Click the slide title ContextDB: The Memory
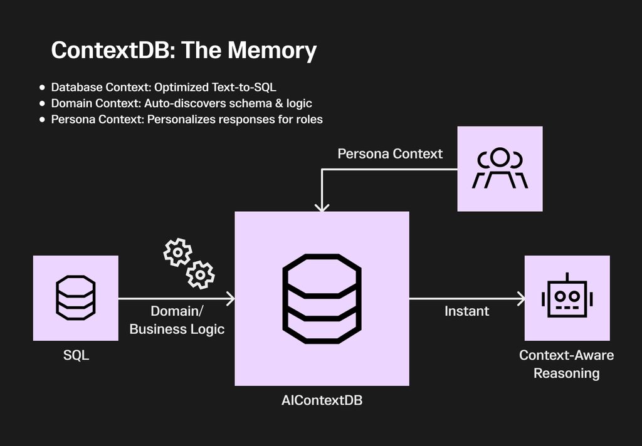point(184,50)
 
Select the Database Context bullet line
point(163,87)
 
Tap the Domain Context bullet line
point(181,103)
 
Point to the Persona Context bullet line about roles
point(186,119)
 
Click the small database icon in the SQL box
point(76,296)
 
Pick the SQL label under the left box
point(76,355)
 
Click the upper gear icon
point(177,252)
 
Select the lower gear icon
point(200,274)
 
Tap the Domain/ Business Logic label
point(177,320)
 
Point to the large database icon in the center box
point(322,298)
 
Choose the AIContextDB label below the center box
point(322,400)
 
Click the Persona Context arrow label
point(390,153)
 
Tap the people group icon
point(500,169)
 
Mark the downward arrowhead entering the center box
point(322,207)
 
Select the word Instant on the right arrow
point(466,311)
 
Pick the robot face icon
point(567,297)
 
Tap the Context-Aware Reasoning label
point(567,364)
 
